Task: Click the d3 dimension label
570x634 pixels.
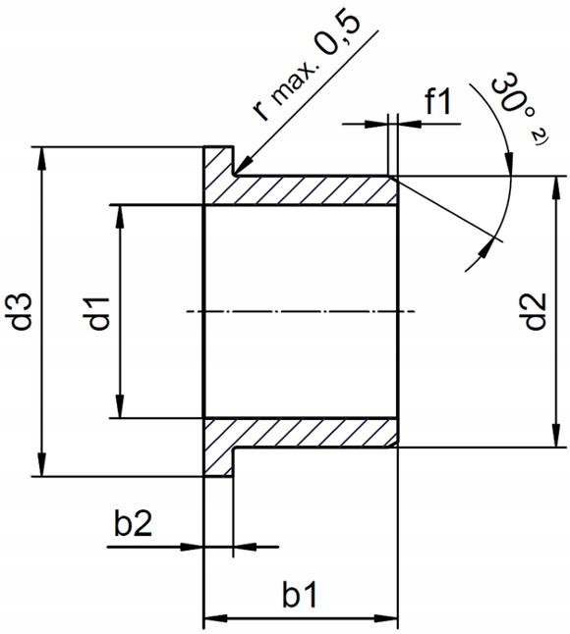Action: pos(23,311)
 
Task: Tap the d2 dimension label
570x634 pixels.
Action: pos(536,311)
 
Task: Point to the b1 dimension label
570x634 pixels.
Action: pos(301,596)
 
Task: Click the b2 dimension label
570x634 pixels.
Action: pos(133,525)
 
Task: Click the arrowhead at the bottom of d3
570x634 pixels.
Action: pos(41,467)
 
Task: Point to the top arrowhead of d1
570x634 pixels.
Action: pos(120,214)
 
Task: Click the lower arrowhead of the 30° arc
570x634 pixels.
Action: pos(487,254)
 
